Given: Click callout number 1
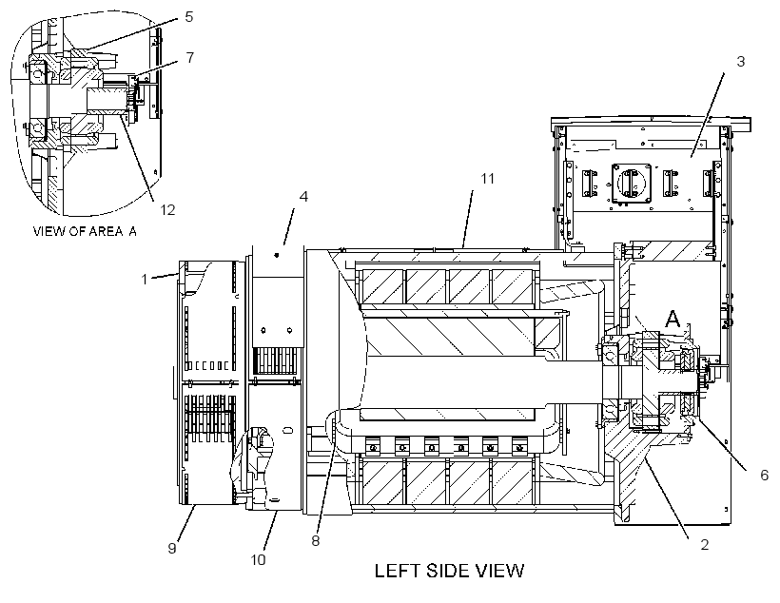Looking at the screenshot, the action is pyautogui.click(x=145, y=279).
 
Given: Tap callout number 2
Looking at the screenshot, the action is pyautogui.click(x=705, y=545).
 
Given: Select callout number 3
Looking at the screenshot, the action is pyautogui.click(x=741, y=62).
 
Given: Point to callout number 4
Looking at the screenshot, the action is pyautogui.click(x=303, y=197).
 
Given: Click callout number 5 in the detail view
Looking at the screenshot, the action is pyautogui.click(x=189, y=17).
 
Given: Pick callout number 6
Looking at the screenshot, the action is pyautogui.click(x=765, y=476).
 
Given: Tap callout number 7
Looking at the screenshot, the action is pyautogui.click(x=190, y=58).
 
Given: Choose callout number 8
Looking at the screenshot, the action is pyautogui.click(x=316, y=541).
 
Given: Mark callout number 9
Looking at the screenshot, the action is pyautogui.click(x=172, y=548).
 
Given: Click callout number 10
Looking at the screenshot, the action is pyautogui.click(x=258, y=560).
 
